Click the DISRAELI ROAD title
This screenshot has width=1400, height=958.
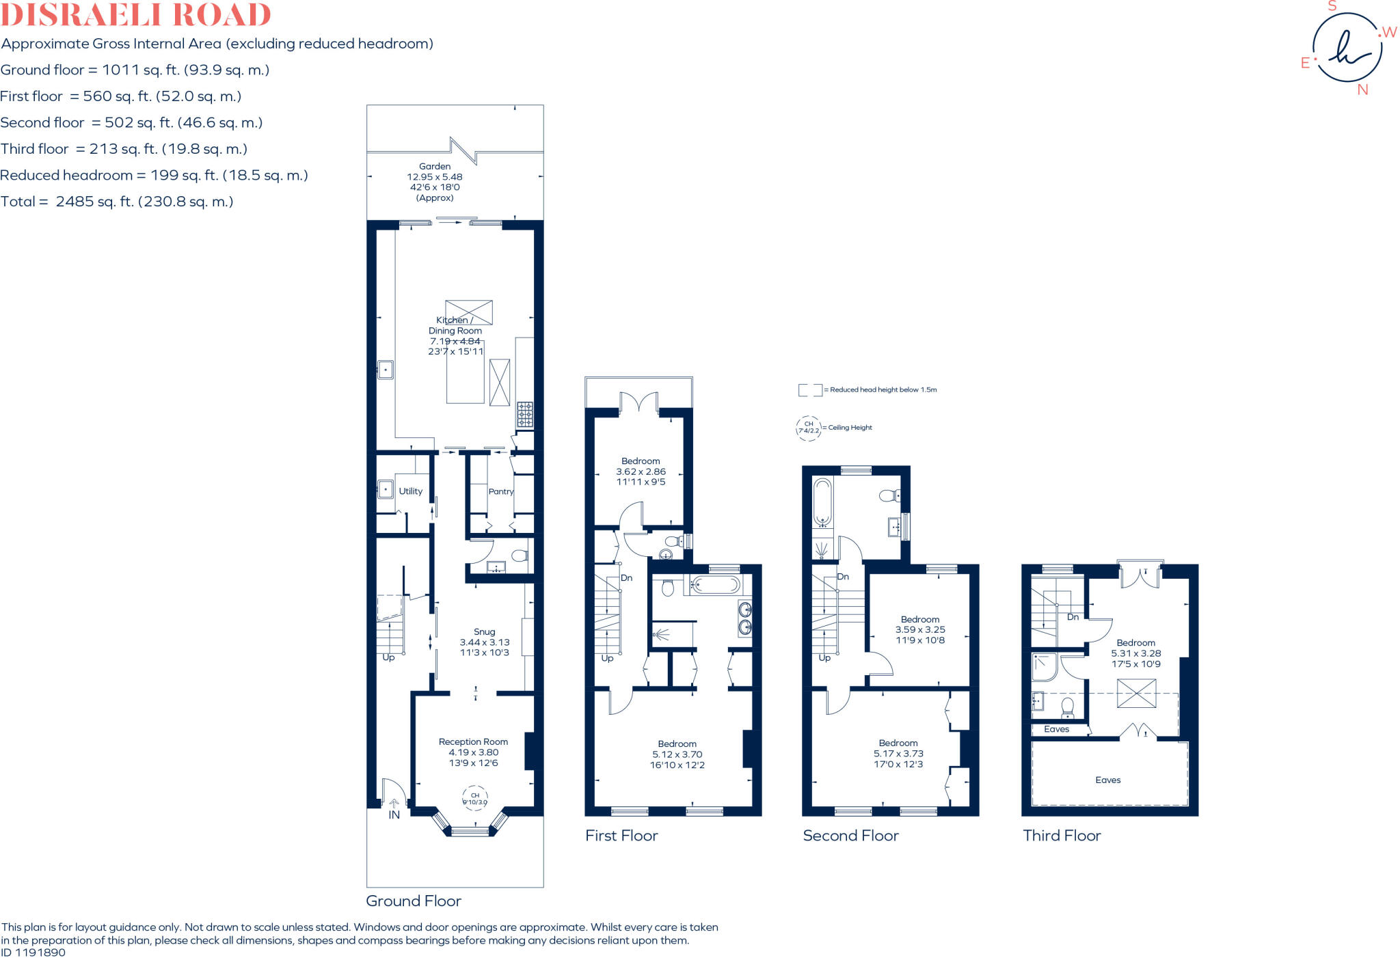click(x=135, y=15)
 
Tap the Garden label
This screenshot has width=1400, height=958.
click(x=435, y=167)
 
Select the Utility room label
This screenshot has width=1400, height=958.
click(x=410, y=491)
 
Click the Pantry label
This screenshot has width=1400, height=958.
click(x=500, y=492)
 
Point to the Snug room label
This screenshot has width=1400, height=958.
click(x=484, y=632)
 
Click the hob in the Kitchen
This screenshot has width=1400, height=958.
click(x=524, y=414)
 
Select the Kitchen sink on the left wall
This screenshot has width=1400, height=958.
click(x=386, y=370)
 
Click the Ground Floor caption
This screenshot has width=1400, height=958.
click(x=414, y=901)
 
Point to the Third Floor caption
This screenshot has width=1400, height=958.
click(x=1062, y=836)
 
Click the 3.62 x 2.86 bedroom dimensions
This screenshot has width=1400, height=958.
click(x=641, y=471)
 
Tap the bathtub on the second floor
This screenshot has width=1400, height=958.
click(x=822, y=502)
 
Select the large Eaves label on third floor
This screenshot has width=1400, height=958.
click(x=1107, y=780)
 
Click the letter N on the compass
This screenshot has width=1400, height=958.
click(x=1362, y=90)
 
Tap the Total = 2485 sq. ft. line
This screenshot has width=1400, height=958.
click(x=117, y=202)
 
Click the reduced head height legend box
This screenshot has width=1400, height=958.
click(x=810, y=390)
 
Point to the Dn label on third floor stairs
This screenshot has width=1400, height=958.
click(x=1073, y=617)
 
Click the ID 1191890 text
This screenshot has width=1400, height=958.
click(x=33, y=953)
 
